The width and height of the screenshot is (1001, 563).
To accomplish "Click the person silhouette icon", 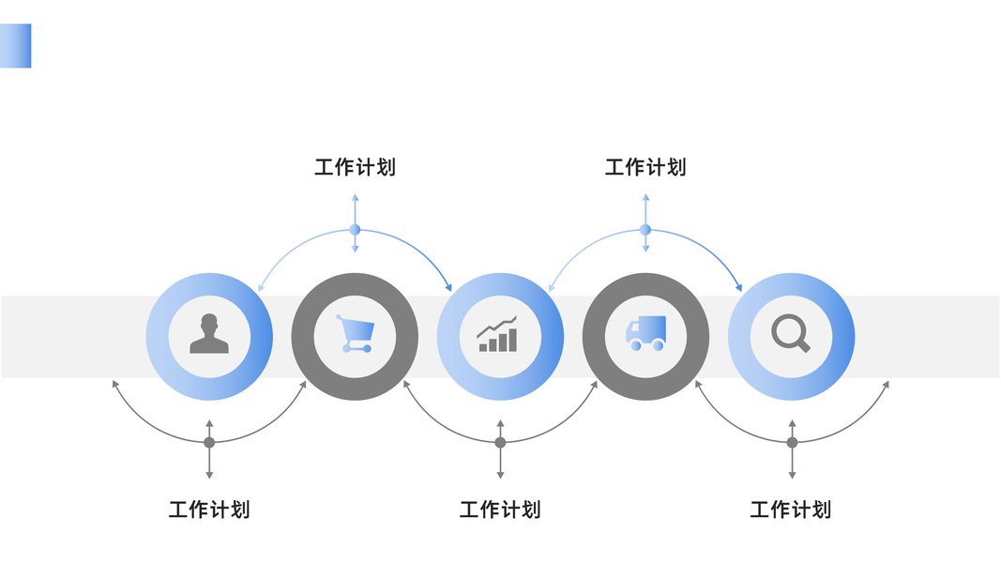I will (209, 334).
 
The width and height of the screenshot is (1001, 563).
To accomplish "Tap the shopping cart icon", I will (356, 334).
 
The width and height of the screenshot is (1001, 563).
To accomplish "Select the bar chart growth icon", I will (498, 335).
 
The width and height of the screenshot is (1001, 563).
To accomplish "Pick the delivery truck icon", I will (645, 333).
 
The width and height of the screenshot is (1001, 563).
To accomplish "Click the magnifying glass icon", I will (790, 334).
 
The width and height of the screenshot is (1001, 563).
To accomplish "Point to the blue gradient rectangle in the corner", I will (16, 46).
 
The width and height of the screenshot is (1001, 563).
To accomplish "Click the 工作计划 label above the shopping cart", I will (355, 168).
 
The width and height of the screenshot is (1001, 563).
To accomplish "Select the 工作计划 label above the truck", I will (645, 168).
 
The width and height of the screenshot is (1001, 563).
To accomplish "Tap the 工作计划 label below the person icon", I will (209, 510).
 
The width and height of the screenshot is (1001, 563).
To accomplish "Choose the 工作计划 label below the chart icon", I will (500, 510).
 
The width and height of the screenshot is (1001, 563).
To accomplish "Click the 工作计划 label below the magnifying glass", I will (791, 510).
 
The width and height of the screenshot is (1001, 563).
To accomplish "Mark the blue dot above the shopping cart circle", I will (355, 230).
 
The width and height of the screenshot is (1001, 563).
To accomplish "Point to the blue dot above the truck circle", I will (645, 230).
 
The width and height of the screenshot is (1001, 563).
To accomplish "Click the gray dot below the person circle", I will (209, 442).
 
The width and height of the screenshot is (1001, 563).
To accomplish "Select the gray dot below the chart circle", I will (500, 442).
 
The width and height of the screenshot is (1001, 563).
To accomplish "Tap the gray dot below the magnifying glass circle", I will (792, 442).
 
